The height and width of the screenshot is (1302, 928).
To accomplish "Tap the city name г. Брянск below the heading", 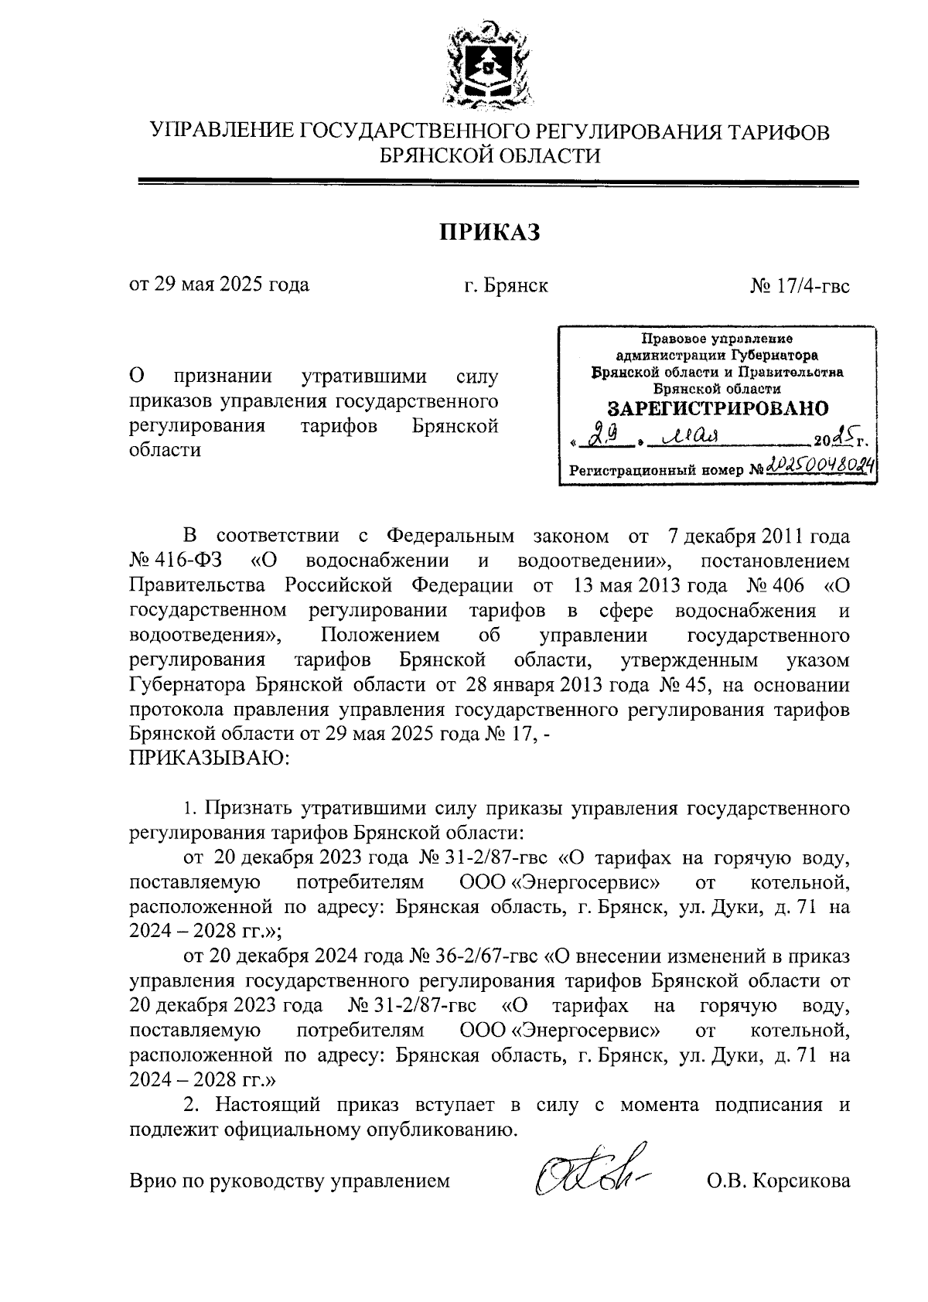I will [506, 285].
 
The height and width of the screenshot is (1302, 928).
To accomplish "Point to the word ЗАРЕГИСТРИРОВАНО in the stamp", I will [717, 408].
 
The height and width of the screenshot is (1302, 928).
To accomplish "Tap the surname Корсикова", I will [802, 1181].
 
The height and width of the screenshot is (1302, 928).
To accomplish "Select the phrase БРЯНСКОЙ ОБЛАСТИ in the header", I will [489, 156].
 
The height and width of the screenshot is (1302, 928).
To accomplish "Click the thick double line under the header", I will [498, 183].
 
